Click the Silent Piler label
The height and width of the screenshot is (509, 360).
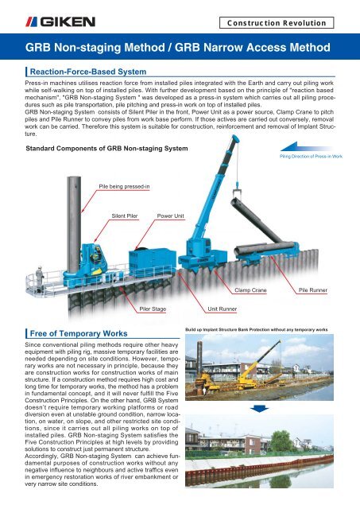126,216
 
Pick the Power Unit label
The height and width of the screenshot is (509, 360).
171,216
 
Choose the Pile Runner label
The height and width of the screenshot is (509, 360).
313,291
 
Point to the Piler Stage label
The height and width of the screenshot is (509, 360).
153,305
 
